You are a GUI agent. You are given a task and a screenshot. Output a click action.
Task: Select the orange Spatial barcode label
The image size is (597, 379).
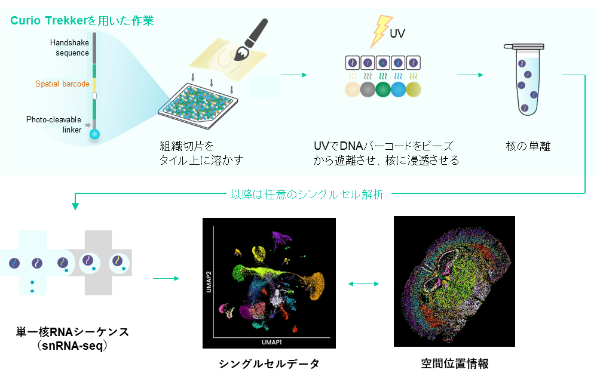point(62,84)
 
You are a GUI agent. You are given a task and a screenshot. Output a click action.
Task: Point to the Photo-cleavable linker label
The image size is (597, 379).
point(54,125)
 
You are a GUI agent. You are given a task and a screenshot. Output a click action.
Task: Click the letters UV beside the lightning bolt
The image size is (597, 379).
point(397,34)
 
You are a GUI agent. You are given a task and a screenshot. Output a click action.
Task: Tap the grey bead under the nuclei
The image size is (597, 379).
point(367,90)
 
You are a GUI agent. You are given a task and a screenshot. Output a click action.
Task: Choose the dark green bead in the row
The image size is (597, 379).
point(382,90)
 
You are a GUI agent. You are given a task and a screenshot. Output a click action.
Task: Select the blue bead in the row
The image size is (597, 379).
point(398,90)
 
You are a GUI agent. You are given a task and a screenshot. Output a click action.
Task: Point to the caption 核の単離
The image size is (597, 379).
point(528,146)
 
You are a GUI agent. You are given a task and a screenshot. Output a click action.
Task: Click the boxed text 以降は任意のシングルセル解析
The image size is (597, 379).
point(308,194)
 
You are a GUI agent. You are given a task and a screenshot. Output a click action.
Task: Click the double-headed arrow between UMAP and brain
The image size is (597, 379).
point(363,284)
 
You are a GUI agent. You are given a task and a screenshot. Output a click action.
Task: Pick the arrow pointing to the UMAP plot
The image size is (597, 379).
point(166,278)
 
